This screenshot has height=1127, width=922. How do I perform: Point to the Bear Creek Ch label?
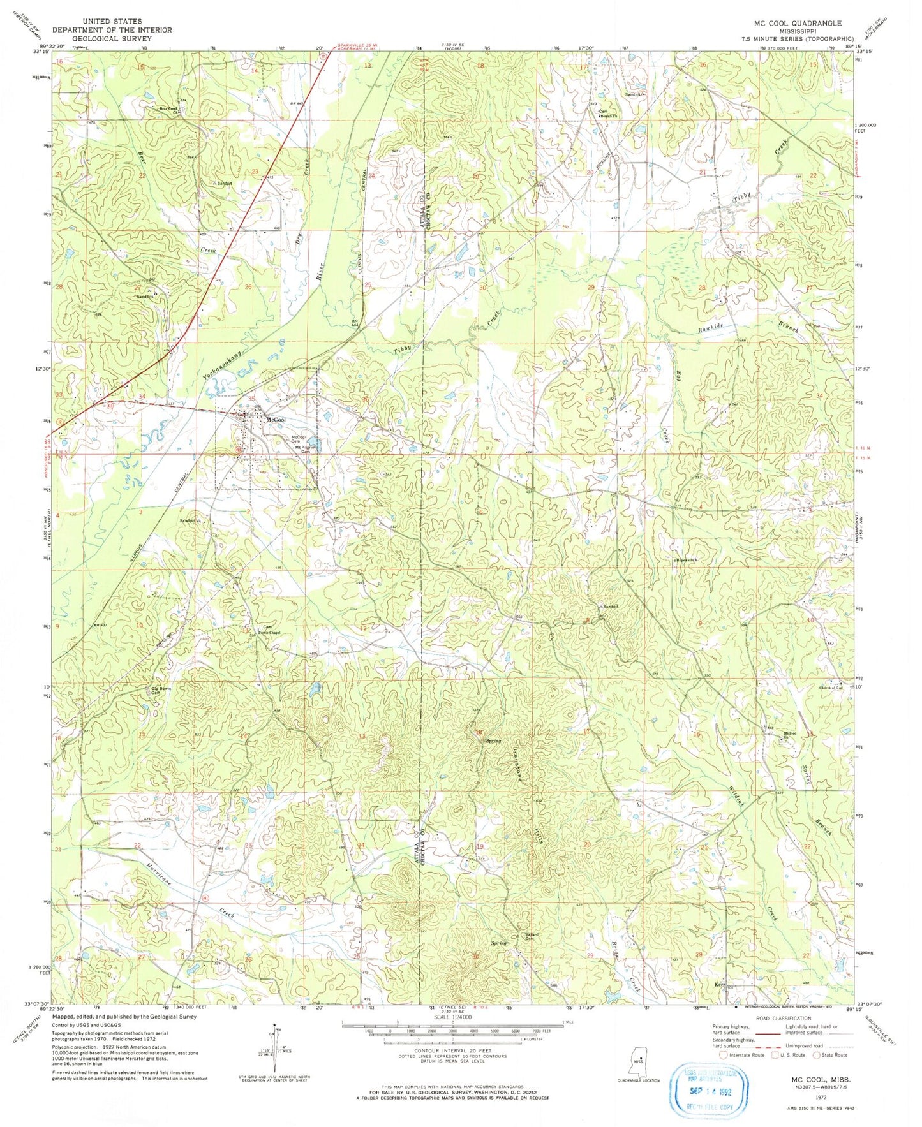[x=168, y=109]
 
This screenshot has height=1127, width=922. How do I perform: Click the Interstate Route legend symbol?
[x=724, y=1055]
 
